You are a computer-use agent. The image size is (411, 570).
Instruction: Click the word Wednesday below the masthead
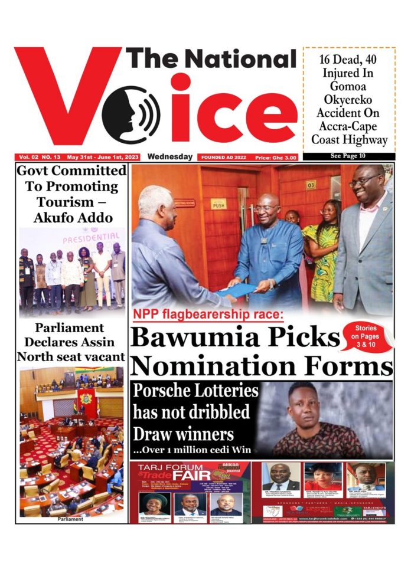[x=170, y=157]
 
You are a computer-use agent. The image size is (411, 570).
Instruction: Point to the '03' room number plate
[x=311, y=185]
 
